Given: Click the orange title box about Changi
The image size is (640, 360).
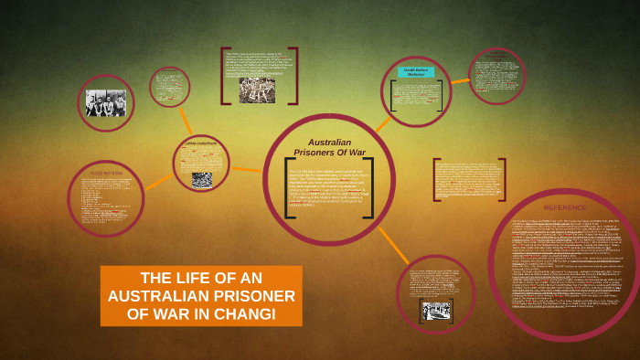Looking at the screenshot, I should pos(201,296).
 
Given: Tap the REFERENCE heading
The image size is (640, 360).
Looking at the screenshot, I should pos(565,207).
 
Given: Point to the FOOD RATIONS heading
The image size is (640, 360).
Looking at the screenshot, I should pos(106,174).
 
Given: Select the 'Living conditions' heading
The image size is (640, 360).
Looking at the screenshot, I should pos(203,143).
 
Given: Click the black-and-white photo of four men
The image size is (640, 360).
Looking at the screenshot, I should pos(106,102).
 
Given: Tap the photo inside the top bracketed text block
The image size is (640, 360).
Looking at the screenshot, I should pos(257,89).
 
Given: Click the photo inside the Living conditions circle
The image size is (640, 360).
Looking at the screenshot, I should pos(202,179).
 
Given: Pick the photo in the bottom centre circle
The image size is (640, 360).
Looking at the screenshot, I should pos(436,311).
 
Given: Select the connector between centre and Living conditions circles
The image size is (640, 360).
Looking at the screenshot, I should pos(246,167).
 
